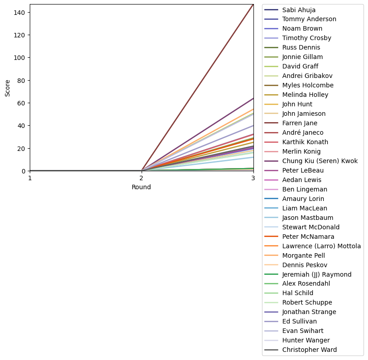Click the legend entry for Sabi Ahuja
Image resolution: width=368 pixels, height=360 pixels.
pyautogui.click(x=299, y=9)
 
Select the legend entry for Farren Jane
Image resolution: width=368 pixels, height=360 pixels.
pyautogui.click(x=299, y=123)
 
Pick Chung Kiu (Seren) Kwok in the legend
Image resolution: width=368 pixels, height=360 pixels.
pyautogui.click(x=320, y=161)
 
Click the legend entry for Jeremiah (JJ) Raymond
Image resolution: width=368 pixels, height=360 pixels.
pyautogui.click(x=317, y=274)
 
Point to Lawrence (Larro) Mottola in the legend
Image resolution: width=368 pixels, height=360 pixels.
pyautogui.click(x=321, y=246)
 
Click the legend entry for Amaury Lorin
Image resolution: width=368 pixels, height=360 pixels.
pyautogui.click(x=303, y=199)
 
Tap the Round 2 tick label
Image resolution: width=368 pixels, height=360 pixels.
pyautogui.click(x=142, y=178)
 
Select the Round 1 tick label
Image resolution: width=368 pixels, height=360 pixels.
pyautogui.click(x=30, y=178)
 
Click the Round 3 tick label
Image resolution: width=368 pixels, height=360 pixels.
pyautogui.click(x=253, y=178)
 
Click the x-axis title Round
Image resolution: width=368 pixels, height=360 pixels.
pyautogui.click(x=141, y=187)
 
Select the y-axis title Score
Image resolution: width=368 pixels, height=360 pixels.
pyautogui.click(x=8, y=88)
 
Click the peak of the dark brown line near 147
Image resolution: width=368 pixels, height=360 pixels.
pyautogui.click(x=253, y=5)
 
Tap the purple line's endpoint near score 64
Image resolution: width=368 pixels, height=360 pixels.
pyautogui.click(x=253, y=98)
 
